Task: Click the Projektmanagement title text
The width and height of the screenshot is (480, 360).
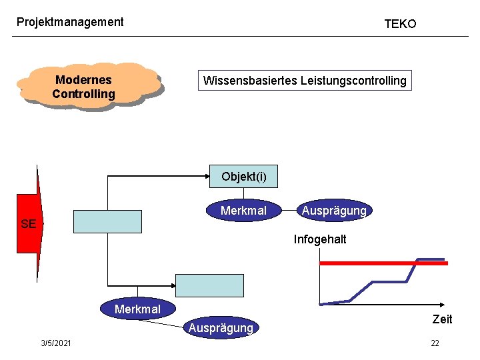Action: (x=70, y=22)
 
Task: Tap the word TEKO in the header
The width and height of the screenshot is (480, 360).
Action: (x=400, y=24)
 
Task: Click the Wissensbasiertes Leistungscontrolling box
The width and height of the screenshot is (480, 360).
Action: (x=305, y=81)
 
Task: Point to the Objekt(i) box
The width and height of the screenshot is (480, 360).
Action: (x=243, y=177)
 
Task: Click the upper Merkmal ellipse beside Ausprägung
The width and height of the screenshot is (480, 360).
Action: (x=243, y=211)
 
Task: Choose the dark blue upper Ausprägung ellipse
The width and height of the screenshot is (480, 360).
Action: (x=333, y=211)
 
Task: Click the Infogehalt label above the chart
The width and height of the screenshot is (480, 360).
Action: (x=320, y=239)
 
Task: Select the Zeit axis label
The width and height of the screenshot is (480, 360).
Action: (x=442, y=319)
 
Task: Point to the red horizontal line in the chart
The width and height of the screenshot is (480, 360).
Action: (x=383, y=263)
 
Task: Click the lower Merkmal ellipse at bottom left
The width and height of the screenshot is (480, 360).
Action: (x=137, y=309)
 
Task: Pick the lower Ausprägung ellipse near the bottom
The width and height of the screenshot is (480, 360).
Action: (x=221, y=327)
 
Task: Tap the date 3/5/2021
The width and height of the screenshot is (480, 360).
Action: (x=57, y=343)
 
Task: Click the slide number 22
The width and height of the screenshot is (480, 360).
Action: (x=435, y=343)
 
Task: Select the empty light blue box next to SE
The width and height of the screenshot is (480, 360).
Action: (x=107, y=221)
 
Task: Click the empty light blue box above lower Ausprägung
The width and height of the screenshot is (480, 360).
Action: (x=209, y=285)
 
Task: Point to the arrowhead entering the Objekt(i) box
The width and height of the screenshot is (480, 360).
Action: (x=207, y=176)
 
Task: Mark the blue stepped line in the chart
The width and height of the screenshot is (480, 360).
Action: (x=373, y=283)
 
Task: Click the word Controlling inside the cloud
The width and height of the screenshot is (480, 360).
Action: (x=83, y=94)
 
